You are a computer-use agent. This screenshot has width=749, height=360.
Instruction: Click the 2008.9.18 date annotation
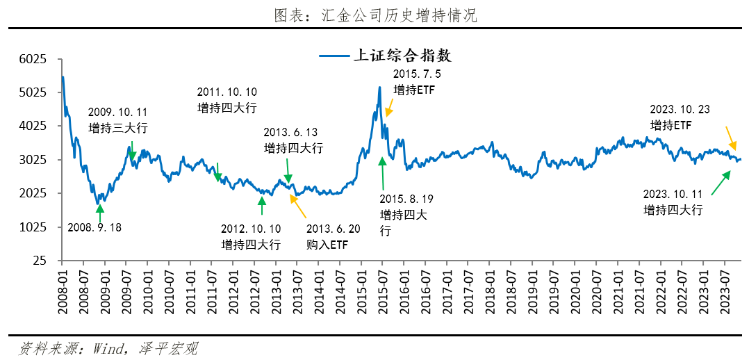94,227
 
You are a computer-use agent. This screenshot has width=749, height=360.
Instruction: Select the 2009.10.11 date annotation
118,112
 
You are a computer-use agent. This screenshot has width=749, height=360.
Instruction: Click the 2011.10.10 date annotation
227,92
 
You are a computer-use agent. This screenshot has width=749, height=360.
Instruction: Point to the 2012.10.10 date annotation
251,229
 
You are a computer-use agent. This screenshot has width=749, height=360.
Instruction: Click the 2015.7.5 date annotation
417,74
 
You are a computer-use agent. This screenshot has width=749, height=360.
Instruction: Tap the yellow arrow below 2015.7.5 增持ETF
389,108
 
